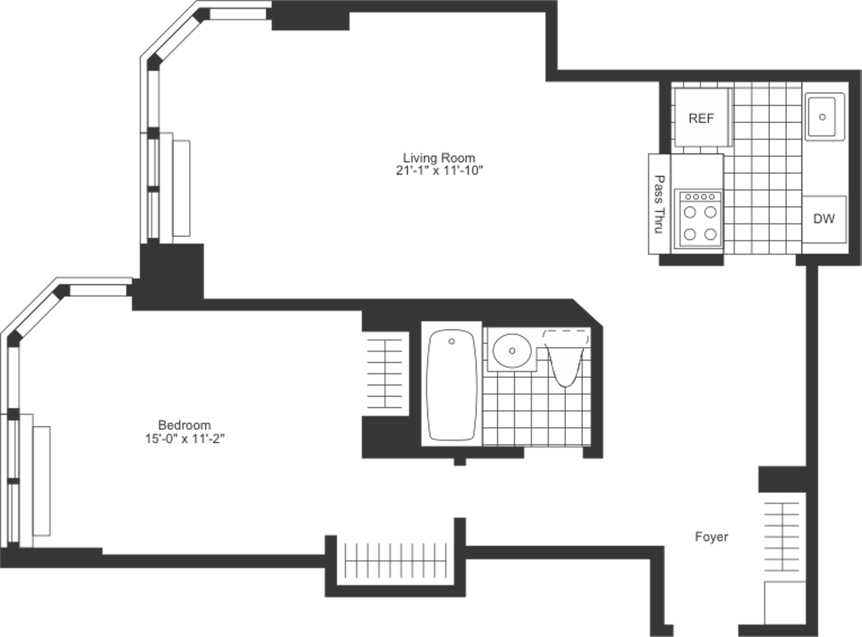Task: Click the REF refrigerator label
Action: point(701,118)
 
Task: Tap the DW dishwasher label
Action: point(824,219)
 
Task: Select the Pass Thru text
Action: point(660,204)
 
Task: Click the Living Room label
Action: point(439,158)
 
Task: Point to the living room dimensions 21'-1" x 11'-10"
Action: point(439,170)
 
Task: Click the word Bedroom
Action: point(185,425)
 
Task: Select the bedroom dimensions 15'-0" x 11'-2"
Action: point(185,439)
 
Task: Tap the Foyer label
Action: point(711,537)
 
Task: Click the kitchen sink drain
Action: point(822,117)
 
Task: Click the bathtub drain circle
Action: point(452,342)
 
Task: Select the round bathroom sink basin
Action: point(512,351)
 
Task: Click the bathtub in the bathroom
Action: point(452,385)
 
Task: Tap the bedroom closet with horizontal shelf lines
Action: point(385,374)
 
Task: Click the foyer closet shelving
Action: point(782,537)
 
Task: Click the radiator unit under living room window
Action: point(181,188)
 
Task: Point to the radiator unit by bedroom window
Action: point(41,481)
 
